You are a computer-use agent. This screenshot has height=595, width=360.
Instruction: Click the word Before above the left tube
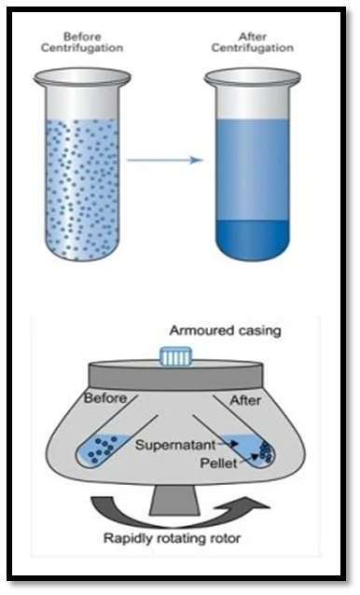pos(82,36)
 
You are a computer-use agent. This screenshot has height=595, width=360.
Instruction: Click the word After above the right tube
pos(252,36)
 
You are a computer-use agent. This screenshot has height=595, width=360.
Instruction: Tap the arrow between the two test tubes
pos(165,159)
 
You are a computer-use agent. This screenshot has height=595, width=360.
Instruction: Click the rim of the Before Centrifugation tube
pos(82,77)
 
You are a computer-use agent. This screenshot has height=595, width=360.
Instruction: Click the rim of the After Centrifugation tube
pos(252,77)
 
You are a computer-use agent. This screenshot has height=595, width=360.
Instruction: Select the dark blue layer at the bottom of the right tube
pos(252,239)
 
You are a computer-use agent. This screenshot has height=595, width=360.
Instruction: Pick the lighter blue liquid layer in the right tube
pos(252,170)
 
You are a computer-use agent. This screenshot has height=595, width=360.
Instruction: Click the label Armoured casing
pos(226,330)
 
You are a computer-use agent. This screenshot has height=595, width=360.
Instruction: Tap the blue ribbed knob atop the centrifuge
pos(175,356)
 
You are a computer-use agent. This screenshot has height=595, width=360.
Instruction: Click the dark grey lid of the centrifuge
pos(175,376)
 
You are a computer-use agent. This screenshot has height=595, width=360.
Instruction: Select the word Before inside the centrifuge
pos(105,398)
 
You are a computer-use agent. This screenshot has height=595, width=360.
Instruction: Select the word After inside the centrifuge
pos(245,400)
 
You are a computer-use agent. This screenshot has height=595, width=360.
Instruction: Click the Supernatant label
pos(175,445)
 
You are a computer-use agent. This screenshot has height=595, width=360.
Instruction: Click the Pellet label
pos(219,464)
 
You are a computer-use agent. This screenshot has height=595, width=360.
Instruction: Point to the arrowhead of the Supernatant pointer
pos(237,443)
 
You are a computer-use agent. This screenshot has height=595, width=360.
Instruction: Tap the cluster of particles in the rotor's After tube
pos(266,451)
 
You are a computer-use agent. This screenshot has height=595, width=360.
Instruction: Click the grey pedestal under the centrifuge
pos(174,501)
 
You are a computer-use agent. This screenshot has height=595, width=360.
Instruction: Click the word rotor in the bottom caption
pos(226,538)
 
